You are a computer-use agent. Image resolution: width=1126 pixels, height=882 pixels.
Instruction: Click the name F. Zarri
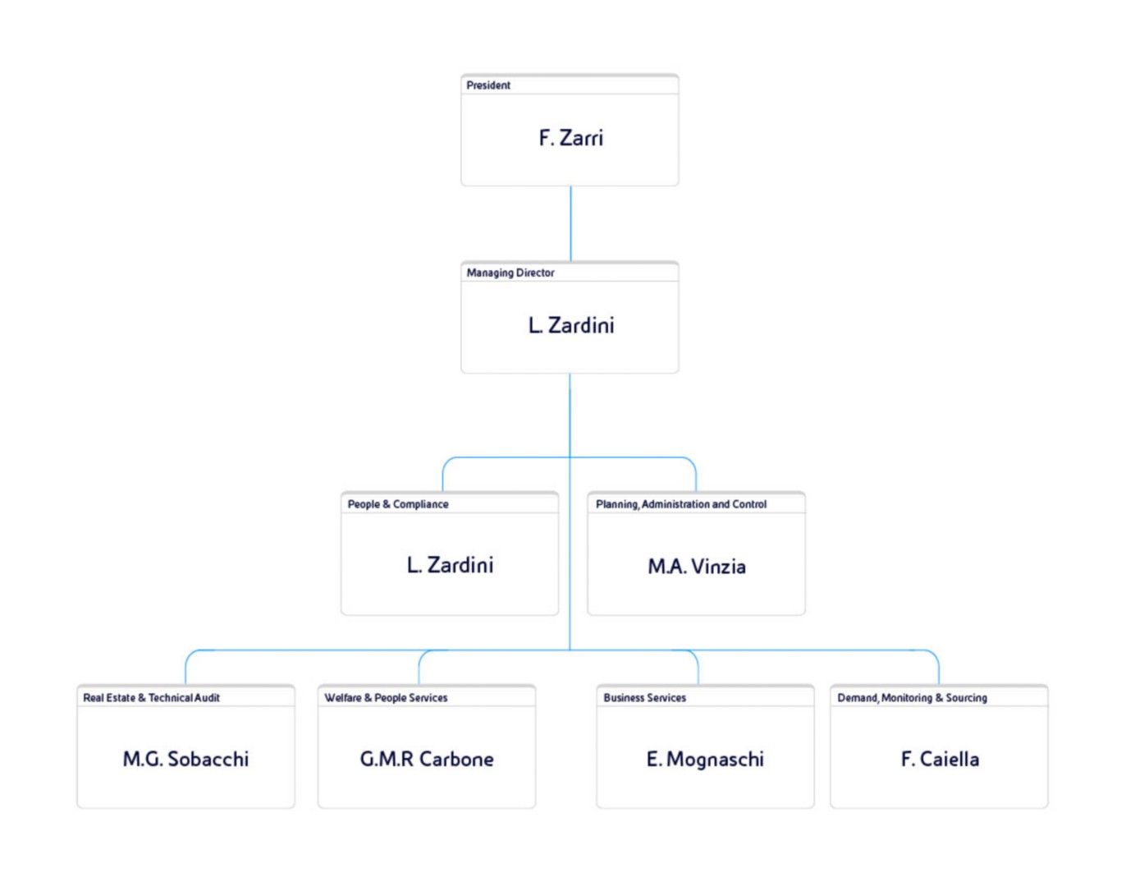570,138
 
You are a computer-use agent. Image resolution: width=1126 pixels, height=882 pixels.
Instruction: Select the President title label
488,85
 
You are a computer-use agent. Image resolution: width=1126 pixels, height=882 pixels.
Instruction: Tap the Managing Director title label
510,273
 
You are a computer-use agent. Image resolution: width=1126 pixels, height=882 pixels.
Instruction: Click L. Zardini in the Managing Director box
571,326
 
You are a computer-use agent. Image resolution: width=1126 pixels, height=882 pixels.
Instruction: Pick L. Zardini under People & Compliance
450,565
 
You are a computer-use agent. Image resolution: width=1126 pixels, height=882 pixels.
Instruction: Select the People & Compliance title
398,504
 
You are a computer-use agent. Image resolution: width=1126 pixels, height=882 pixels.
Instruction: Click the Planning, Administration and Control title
681,504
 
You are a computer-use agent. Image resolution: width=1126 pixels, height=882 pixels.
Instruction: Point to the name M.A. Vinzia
697,567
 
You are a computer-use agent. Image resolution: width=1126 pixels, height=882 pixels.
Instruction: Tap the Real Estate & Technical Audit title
151,697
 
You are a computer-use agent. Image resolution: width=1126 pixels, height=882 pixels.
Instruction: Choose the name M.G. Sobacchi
185,759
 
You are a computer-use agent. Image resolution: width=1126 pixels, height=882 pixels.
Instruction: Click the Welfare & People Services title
386,697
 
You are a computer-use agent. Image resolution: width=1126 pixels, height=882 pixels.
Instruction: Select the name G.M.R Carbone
427,759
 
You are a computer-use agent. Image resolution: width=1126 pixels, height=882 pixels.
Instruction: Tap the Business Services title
644,697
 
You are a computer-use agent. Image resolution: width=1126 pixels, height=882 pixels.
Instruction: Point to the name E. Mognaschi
705,760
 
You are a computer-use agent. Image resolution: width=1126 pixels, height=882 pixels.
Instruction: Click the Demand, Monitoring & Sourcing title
913,697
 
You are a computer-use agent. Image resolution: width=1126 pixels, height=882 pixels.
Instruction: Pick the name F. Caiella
940,759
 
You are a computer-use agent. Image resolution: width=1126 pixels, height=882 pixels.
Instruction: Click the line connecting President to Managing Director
570,223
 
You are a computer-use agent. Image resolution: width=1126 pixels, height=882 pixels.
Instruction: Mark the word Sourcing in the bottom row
967,698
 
